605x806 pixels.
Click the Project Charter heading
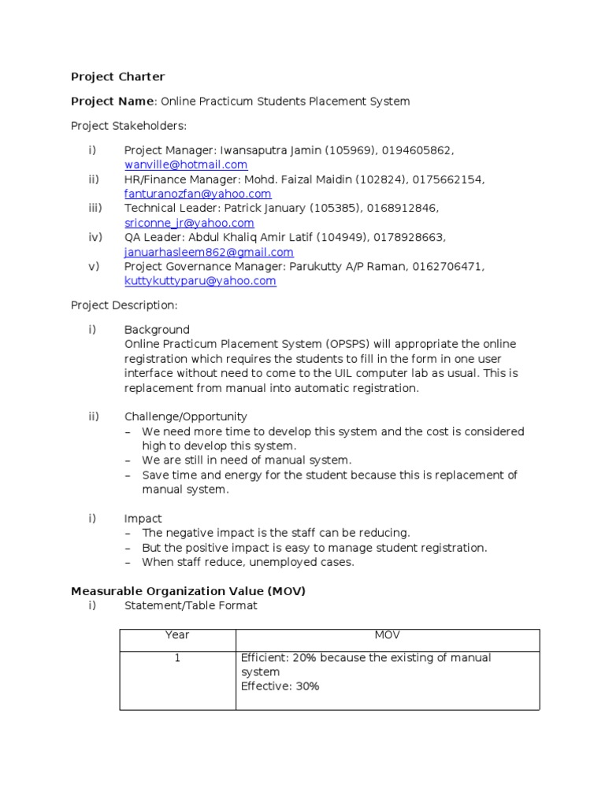click(x=118, y=77)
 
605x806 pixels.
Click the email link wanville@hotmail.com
click(x=186, y=165)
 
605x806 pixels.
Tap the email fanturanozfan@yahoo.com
click(x=198, y=194)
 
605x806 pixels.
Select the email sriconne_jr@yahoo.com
click(x=189, y=223)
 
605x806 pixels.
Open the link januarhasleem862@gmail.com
click(x=209, y=252)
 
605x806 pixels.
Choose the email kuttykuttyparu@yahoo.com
click(x=200, y=281)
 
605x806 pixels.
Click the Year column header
click(x=177, y=635)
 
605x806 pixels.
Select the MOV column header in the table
click(x=387, y=635)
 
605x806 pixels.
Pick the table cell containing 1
click(x=177, y=658)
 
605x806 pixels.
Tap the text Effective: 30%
click(x=280, y=686)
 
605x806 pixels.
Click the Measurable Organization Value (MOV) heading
click(x=188, y=591)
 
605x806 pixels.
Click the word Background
click(x=157, y=330)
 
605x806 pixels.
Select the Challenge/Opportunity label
click(x=185, y=417)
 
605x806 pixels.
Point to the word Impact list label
click(x=143, y=519)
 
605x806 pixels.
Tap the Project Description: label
click(x=124, y=305)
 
